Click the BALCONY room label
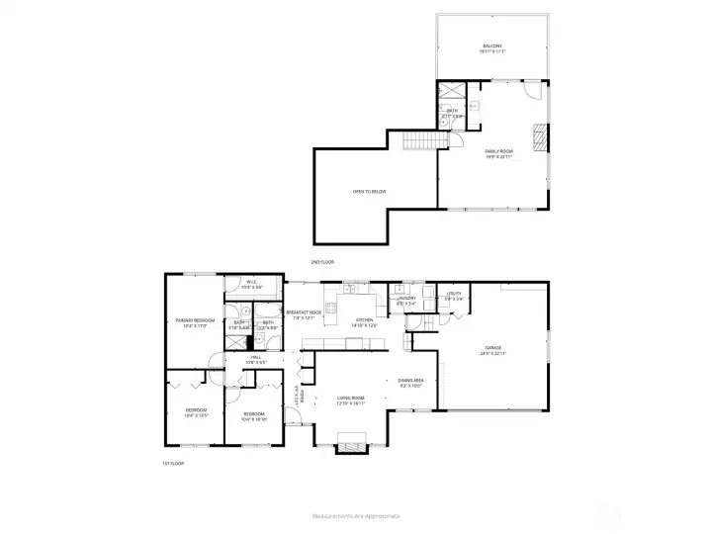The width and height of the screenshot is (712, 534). pos(492,47)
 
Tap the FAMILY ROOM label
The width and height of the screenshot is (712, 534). pos(498,153)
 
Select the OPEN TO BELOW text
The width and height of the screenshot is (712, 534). pos(369,191)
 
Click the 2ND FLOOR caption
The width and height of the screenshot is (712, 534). pos(323,262)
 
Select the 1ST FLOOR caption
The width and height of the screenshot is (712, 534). pos(173,463)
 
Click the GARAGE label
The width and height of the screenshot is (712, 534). pos(492,349)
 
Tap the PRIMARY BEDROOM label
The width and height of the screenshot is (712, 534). pos(196,321)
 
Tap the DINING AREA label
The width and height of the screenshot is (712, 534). pos(411,382)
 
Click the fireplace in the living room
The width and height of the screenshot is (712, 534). pos(351,448)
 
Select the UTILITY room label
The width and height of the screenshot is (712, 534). pos(455,296)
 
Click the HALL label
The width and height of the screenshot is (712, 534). pos(255,359)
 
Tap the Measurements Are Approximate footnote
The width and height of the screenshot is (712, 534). pos(355,515)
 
